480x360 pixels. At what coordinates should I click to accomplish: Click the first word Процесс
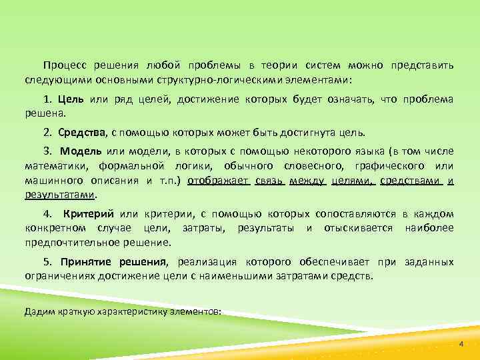(67, 67)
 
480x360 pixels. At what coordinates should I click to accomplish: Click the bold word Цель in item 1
(70, 99)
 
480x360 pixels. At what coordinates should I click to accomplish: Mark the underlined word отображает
(218, 180)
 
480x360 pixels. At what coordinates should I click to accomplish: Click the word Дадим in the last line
(38, 311)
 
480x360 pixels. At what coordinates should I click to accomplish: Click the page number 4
(460, 343)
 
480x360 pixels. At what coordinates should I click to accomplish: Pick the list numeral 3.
(47, 151)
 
